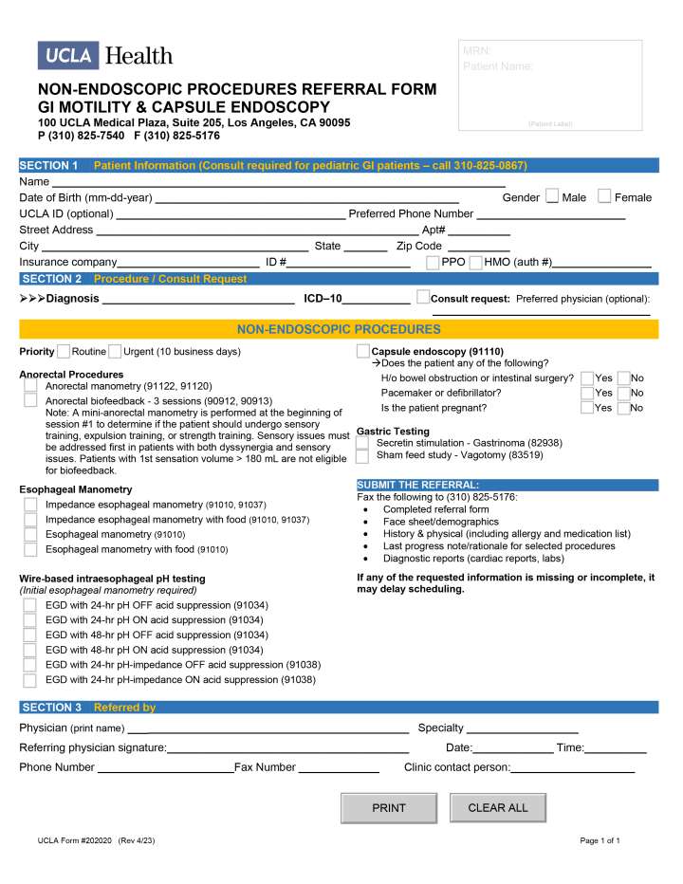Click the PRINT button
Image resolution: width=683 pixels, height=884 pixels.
(x=389, y=808)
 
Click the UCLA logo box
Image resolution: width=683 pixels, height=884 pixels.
(x=68, y=56)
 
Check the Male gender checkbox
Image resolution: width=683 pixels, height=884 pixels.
(x=552, y=196)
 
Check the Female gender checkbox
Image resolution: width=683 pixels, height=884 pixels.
(x=604, y=196)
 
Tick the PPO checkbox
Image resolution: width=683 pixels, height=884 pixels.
(x=433, y=262)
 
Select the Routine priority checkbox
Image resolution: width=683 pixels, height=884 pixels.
(x=64, y=352)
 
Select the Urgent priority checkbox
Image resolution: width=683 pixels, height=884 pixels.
(x=115, y=352)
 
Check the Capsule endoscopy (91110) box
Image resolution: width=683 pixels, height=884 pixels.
(x=362, y=352)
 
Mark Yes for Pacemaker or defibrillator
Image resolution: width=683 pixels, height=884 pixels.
(x=587, y=393)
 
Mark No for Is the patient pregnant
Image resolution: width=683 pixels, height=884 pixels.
(x=623, y=408)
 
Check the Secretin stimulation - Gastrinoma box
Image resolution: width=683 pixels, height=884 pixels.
(x=362, y=443)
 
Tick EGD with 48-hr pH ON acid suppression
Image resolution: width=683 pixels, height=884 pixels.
(x=30, y=650)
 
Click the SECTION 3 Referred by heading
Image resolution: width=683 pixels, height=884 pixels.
(x=88, y=708)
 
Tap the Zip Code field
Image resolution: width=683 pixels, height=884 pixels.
(x=477, y=246)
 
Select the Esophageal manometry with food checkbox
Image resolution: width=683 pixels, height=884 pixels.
(x=30, y=549)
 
